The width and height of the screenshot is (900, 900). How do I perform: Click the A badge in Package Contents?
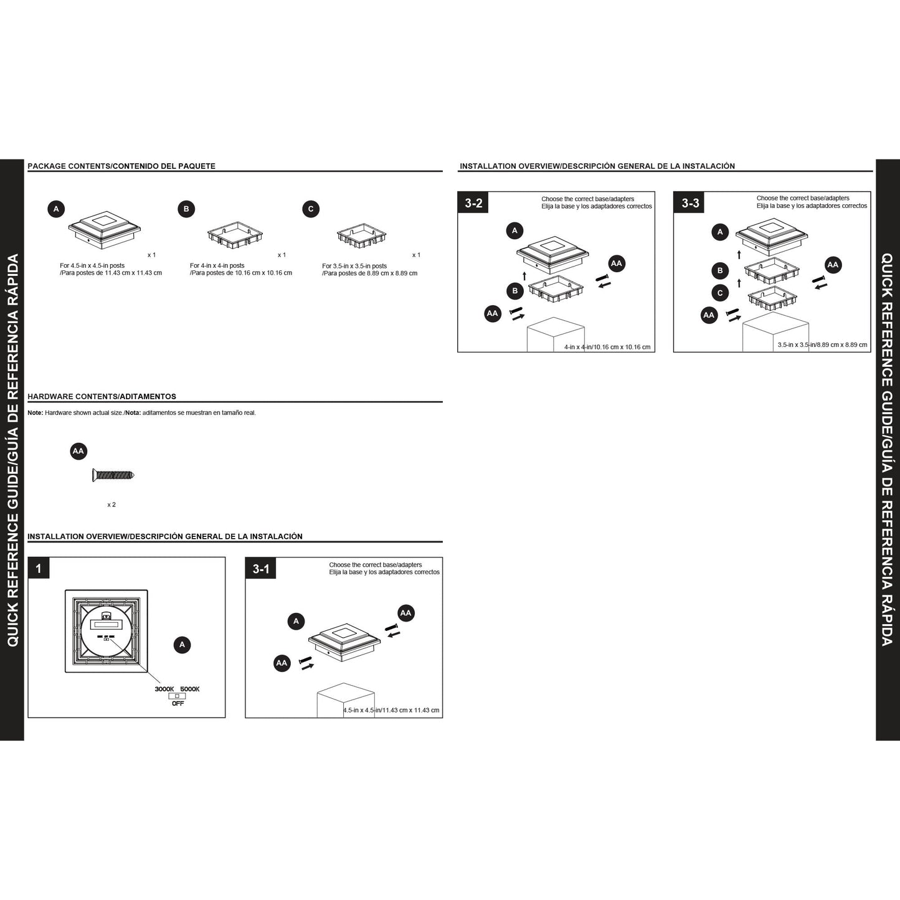point(56,209)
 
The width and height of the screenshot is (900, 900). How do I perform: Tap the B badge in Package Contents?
point(186,209)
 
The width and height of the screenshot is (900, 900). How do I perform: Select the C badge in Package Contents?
point(311,209)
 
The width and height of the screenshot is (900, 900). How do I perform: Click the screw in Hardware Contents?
point(113,475)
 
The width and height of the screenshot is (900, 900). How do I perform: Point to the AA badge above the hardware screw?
point(78,451)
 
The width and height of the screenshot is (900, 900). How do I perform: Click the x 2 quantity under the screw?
point(111,504)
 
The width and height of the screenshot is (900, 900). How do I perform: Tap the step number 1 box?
point(38,569)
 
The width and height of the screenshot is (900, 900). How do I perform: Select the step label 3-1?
point(260,569)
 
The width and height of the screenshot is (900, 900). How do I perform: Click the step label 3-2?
point(473,202)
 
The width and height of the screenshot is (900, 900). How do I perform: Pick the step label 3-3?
point(689,202)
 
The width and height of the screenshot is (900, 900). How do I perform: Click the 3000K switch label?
point(164,689)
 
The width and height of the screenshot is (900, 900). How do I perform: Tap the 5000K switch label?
point(189,689)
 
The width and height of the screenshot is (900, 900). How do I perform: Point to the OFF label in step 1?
point(178,703)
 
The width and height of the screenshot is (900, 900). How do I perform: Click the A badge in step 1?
point(182,645)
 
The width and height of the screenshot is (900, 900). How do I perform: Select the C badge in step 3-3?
point(720,293)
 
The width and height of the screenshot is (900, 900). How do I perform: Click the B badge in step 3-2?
point(515,291)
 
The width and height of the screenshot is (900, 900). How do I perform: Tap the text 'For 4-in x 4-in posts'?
point(217,265)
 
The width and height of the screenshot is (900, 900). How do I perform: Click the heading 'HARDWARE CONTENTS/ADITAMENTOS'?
point(102,397)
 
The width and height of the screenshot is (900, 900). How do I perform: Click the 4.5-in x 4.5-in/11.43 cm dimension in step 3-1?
point(391,710)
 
